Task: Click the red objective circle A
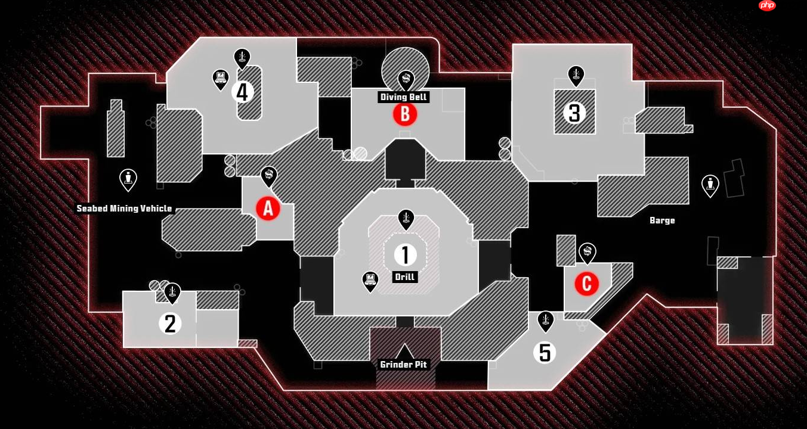point(268,209)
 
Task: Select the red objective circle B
point(405,114)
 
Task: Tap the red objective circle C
point(586,284)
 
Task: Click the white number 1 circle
point(406,255)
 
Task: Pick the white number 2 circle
point(170,324)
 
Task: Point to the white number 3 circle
point(574,113)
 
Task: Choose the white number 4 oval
point(242,92)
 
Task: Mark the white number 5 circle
point(545,352)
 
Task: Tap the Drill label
point(405,277)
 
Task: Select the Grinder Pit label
point(404,365)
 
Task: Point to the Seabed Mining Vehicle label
point(125,209)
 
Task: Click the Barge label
point(662,220)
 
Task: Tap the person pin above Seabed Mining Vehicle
point(128,179)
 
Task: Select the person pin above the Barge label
point(710,185)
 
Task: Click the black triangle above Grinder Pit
point(405,351)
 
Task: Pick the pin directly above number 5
point(545,321)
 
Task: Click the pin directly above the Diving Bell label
point(406,79)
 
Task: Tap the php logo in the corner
point(767,5)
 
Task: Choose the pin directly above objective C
point(588,253)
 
